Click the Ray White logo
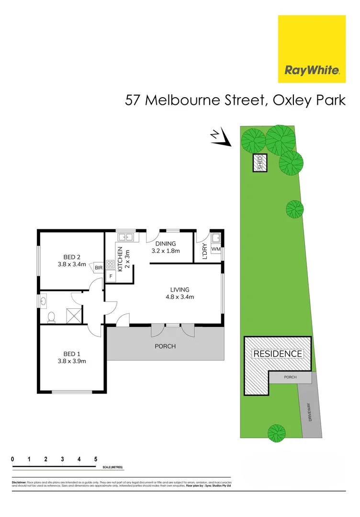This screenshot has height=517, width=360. (312, 49)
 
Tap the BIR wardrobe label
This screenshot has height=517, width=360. (99, 268)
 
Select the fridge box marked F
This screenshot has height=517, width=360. (111, 276)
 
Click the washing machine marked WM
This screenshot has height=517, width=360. (216, 249)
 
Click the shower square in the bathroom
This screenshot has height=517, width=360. (73, 315)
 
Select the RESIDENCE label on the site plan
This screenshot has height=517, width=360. (278, 354)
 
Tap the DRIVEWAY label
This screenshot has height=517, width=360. (309, 412)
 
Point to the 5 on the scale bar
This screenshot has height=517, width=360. (96, 459)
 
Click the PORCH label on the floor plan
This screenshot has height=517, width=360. (165, 346)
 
